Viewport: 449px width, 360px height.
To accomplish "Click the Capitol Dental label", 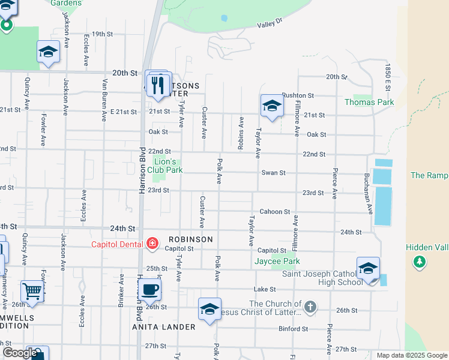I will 117,244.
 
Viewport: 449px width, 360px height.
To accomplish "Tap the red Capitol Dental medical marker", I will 152,243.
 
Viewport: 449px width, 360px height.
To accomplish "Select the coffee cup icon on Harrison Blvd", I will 150,289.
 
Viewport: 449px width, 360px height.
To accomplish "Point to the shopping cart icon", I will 32,292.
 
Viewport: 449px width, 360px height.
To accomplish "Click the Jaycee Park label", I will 276,261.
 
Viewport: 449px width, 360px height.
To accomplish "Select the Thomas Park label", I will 369,103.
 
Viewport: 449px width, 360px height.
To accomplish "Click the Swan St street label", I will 273,173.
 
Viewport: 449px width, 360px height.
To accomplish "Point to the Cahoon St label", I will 275,212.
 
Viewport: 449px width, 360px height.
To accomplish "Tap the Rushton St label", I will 298,95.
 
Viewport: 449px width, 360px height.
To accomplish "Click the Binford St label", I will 293,329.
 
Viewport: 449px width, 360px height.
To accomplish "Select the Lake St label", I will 264,289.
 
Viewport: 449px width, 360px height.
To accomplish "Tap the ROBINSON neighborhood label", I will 191,239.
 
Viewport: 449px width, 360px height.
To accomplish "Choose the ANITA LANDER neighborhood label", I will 164,327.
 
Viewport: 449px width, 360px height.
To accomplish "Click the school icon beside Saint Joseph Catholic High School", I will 368,268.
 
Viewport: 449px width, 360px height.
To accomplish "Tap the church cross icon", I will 310,308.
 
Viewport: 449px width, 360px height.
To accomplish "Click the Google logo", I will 19,353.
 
